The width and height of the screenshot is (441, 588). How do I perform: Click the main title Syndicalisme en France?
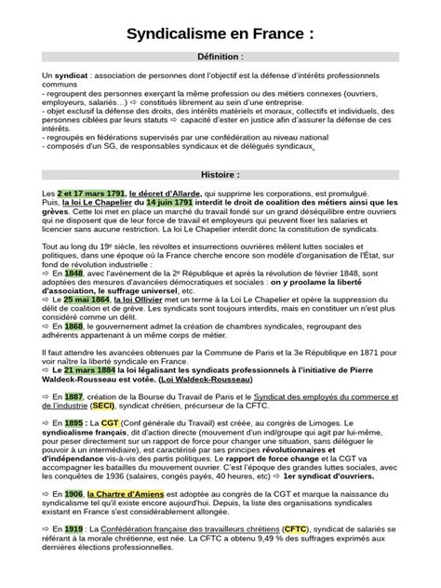tap(220, 34)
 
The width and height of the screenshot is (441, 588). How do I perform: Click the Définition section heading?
tap(220, 57)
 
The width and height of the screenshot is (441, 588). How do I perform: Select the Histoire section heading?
tap(220, 174)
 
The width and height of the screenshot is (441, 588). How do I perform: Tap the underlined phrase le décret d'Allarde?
tap(170, 192)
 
